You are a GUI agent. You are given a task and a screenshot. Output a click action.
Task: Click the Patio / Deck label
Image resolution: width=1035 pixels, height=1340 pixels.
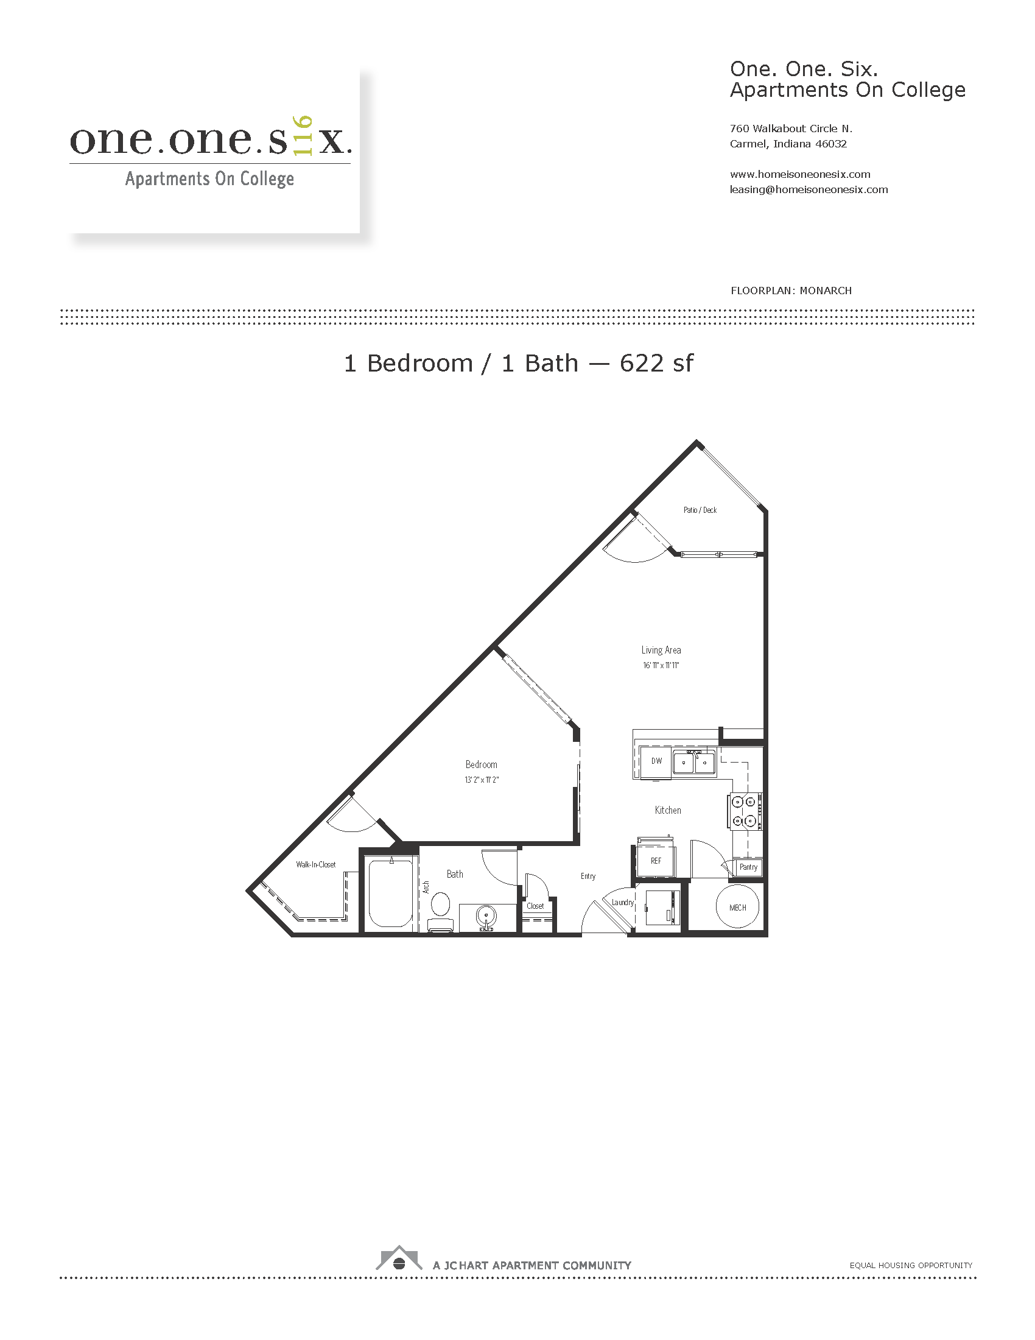[700, 510]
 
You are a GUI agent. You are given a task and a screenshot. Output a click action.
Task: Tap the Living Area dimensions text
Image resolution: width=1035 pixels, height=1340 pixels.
[661, 665]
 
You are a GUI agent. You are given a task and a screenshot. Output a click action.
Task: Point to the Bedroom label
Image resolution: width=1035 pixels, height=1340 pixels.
[482, 764]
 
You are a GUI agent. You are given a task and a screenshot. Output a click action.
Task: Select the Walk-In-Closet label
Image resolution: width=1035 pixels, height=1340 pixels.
[316, 864]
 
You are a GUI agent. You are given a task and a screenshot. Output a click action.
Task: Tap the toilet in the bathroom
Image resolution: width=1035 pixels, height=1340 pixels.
[440, 910]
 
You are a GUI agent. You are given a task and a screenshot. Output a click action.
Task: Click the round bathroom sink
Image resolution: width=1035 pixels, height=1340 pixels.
[486, 917]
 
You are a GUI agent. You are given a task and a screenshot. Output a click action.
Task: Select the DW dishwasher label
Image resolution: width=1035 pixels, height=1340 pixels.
[657, 761]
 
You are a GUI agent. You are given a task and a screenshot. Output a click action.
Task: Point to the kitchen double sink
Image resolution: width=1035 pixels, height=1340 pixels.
[694, 762]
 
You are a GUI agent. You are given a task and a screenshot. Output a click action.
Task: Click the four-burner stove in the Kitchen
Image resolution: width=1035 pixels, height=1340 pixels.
[745, 811]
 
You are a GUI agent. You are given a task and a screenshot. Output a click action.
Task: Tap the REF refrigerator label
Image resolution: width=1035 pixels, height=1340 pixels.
[656, 861]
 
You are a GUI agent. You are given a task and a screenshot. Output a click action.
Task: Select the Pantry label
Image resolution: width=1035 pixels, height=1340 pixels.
[748, 867]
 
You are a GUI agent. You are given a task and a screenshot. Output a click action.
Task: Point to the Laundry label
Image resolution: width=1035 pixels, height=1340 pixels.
[622, 903]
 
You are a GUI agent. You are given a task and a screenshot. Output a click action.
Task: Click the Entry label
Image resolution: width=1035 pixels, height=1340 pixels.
[588, 876]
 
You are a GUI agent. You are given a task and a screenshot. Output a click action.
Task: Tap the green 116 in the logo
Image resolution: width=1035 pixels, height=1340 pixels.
[304, 136]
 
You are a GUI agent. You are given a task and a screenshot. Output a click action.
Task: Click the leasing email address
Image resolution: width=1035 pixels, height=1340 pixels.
[809, 189]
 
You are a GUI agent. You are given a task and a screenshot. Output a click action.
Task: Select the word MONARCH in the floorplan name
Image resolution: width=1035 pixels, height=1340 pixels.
[826, 291]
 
